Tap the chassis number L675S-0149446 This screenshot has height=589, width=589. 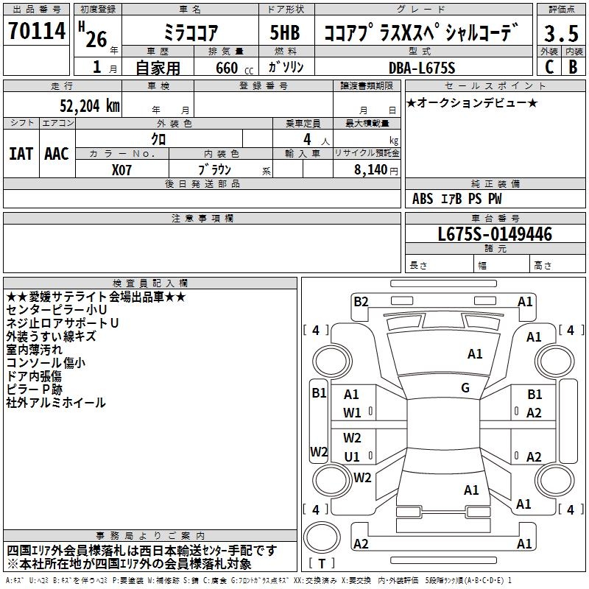tap(495, 234)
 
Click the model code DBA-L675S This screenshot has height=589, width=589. tap(422, 68)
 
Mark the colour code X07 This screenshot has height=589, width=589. tap(122, 169)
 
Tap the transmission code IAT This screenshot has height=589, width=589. tap(20, 153)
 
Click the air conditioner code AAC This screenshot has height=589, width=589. tap(56, 153)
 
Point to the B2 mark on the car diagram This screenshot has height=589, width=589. tap(361, 301)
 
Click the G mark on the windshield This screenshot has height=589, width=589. tap(465, 388)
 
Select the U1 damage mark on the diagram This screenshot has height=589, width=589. tap(352, 456)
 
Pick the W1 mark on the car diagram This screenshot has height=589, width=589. tap(352, 412)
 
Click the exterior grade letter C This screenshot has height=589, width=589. tap(549, 68)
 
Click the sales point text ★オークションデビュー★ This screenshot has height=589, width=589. tap(472, 102)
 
